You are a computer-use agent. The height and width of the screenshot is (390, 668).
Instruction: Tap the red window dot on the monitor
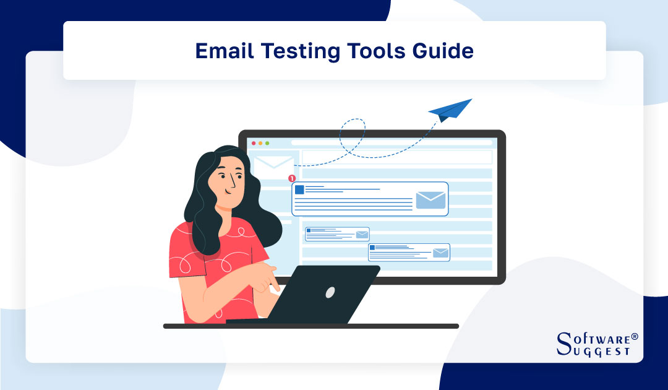pyautogui.click(x=253, y=143)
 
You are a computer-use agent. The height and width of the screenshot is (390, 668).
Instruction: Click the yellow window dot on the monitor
pyautogui.click(x=260, y=143)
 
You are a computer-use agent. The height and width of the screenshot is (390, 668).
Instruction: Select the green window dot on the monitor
pyautogui.click(x=267, y=143)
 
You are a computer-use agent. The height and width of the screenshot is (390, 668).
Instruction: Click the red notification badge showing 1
pyautogui.click(x=292, y=178)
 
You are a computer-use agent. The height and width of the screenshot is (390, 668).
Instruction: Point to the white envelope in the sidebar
pyautogui.click(x=273, y=167)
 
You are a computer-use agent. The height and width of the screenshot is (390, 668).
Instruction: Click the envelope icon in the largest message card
pyautogui.click(x=430, y=200)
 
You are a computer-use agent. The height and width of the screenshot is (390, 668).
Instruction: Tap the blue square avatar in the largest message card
pyautogui.click(x=299, y=189)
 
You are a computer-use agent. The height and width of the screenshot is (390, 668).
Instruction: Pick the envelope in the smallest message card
pyautogui.click(x=362, y=235)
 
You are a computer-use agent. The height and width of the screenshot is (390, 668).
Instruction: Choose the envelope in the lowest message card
pyautogui.click(x=440, y=253)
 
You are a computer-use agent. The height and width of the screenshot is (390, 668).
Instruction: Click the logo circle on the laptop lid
pyautogui.click(x=330, y=292)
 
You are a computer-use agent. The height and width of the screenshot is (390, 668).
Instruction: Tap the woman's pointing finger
pyautogui.click(x=272, y=287)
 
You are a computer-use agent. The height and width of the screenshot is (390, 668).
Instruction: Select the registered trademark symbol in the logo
pyautogui.click(x=634, y=337)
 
